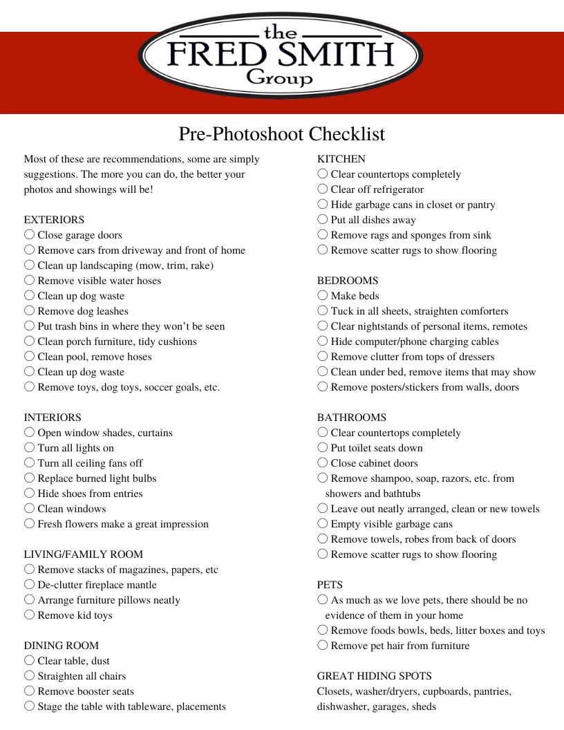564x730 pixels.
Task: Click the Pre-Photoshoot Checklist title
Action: click(x=282, y=133)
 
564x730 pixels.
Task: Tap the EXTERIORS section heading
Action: click(x=54, y=220)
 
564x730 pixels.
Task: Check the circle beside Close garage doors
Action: click(x=29, y=235)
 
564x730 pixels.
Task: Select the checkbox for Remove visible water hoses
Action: click(x=29, y=281)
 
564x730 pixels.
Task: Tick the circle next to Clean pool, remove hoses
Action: click(x=29, y=357)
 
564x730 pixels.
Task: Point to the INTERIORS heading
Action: click(x=53, y=418)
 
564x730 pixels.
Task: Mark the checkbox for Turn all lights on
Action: click(x=29, y=448)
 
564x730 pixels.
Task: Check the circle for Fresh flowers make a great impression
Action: click(x=29, y=524)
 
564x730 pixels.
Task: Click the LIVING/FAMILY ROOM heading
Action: click(x=84, y=554)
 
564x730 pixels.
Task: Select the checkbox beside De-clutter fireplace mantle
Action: click(x=29, y=585)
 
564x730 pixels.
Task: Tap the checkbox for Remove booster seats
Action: click(x=29, y=691)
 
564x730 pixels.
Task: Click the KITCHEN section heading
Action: click(x=341, y=159)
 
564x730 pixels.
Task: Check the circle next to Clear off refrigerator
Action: click(x=323, y=189)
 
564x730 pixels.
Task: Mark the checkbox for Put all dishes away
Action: click(x=323, y=220)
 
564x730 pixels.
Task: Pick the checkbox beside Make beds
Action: click(x=323, y=296)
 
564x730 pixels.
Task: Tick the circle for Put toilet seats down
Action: click(x=323, y=448)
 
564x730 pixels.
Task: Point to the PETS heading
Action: click(x=330, y=585)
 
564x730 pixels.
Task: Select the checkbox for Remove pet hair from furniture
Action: click(x=323, y=646)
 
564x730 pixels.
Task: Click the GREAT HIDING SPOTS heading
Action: click(x=375, y=676)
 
